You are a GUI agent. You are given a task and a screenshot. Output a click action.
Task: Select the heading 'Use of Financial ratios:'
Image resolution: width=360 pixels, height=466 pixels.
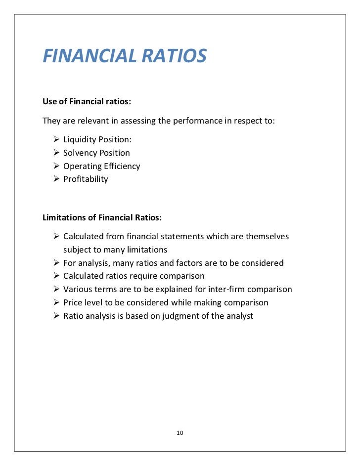click(87, 102)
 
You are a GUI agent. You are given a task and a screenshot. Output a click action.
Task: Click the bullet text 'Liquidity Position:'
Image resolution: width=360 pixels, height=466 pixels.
click(97, 140)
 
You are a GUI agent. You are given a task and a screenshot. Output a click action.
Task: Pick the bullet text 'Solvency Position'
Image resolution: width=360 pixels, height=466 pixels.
click(96, 153)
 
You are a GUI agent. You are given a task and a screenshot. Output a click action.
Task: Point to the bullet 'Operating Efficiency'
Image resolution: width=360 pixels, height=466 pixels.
click(101, 166)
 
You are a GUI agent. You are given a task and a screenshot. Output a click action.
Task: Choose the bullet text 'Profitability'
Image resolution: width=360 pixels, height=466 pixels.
click(86, 179)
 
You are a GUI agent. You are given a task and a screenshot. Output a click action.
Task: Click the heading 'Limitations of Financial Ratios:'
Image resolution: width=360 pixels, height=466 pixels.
click(102, 217)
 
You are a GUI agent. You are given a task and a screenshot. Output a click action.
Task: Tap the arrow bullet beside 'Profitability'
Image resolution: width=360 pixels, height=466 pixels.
click(56, 179)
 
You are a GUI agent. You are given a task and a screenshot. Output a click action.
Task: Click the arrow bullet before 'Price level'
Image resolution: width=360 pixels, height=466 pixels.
click(56, 302)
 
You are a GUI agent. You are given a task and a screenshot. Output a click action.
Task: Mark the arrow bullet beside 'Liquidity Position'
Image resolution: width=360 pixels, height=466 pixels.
click(56, 140)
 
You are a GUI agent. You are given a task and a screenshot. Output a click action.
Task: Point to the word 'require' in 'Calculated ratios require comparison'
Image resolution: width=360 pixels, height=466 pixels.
click(145, 276)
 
